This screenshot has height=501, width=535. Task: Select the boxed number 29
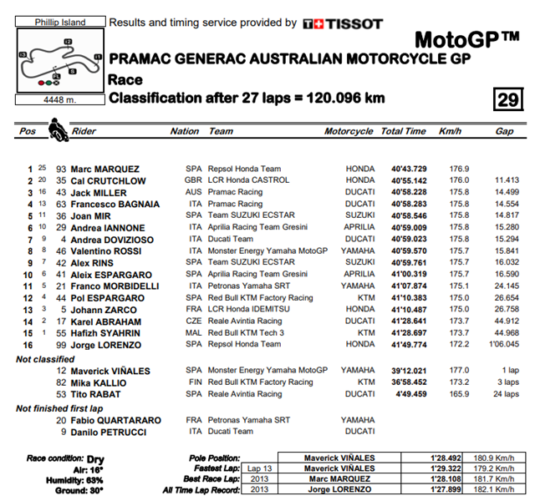pyautogui.click(x=507, y=99)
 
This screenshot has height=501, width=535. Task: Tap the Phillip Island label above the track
pyautogui.click(x=59, y=23)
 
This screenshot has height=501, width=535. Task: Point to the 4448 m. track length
pyautogui.click(x=59, y=100)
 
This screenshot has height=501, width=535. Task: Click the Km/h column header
pyautogui.click(x=450, y=131)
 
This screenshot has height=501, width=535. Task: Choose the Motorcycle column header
pyautogui.click(x=349, y=131)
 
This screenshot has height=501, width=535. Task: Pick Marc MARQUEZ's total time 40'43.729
pyautogui.click(x=404, y=169)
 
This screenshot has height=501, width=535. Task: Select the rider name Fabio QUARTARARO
pyautogui.click(x=115, y=420)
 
